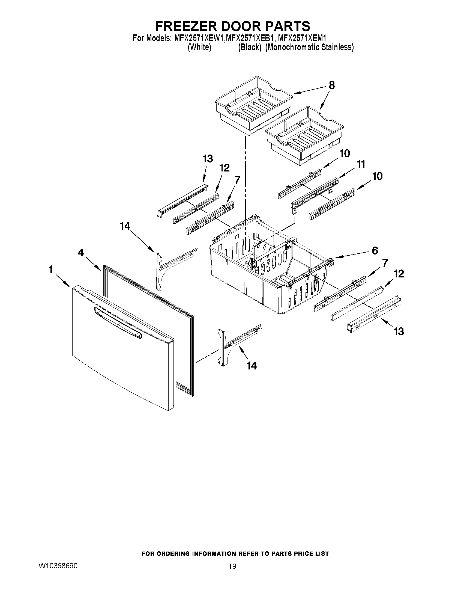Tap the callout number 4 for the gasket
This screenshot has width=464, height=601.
(80, 252)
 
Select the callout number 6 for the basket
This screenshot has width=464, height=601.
(375, 250)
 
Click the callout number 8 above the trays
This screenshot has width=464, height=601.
(332, 85)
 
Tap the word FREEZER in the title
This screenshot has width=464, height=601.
(186, 26)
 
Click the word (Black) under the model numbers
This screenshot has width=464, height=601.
(249, 47)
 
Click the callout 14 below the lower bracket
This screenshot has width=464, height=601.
(252, 366)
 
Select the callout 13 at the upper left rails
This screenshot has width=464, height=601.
(208, 159)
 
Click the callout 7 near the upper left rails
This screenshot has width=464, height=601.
(237, 180)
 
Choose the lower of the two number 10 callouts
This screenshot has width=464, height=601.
(378, 176)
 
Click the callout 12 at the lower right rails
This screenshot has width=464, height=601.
(399, 274)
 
